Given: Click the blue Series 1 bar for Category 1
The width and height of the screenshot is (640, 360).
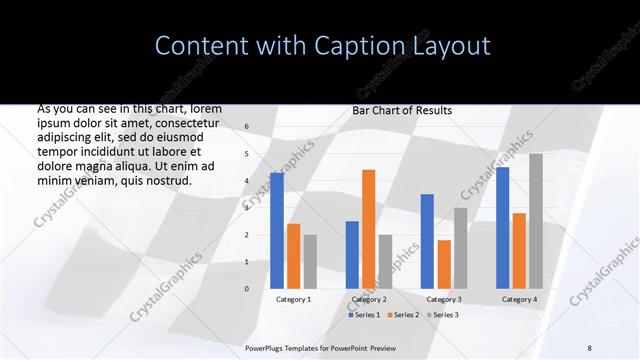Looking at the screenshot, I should (x=277, y=231).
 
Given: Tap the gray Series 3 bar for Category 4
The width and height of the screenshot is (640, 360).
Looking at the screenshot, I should (x=536, y=221).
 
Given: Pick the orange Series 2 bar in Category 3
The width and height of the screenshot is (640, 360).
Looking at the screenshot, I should (x=444, y=264).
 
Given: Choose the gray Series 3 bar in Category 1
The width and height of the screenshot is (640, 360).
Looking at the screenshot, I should (x=310, y=261).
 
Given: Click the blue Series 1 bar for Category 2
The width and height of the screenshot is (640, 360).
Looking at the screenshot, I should (x=352, y=254).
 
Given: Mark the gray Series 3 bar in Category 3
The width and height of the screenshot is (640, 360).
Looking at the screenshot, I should (x=460, y=248).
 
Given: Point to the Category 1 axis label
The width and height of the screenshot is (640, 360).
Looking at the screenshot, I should (x=293, y=299).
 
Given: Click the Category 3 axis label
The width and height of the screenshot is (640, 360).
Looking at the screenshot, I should (x=444, y=299).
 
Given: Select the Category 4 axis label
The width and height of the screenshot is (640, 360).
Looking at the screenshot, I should (x=519, y=299).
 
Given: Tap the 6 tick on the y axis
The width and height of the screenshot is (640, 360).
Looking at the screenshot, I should (x=246, y=127).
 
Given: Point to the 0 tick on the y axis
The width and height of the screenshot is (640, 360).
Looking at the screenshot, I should (x=246, y=288).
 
